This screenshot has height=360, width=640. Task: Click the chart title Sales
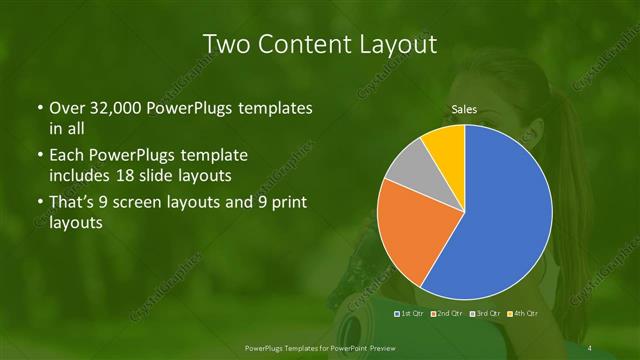coord(464,108)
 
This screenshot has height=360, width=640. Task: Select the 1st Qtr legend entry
coord(411,314)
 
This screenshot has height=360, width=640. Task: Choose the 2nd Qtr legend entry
coord(446,314)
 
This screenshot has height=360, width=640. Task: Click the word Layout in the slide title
coord(397,44)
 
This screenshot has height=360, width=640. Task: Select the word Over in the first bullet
coord(66,107)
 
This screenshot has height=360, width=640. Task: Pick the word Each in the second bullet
coord(66,156)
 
